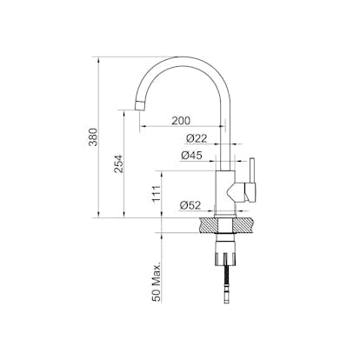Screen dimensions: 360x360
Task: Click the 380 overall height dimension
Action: click(x=94, y=137)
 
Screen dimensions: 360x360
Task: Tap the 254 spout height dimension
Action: click(x=119, y=164)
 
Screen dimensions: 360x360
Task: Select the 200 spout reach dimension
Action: click(x=181, y=120)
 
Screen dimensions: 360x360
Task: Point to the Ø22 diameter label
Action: click(x=197, y=138)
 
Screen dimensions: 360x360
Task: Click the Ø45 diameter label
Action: click(x=191, y=156)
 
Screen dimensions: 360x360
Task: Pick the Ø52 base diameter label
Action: click(x=190, y=205)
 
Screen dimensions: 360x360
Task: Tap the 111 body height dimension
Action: click(x=157, y=194)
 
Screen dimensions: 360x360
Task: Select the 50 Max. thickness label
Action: click(x=157, y=283)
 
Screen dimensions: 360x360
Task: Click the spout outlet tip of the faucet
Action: click(x=140, y=105)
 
